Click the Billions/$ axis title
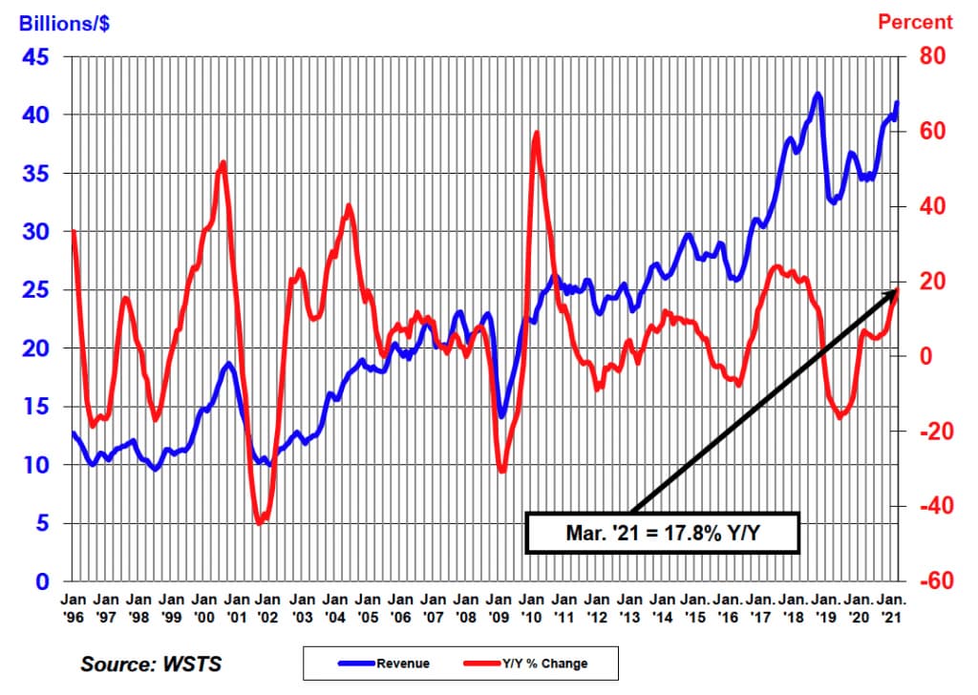(64, 23)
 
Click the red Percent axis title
(915, 22)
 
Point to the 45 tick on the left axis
(35, 57)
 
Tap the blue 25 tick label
(35, 290)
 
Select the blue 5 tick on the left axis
(42, 523)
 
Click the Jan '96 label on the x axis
(73, 608)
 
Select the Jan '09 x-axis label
(499, 608)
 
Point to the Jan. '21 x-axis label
(891, 608)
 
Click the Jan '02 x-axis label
(268, 608)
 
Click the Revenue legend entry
(384, 663)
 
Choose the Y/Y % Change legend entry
(526, 663)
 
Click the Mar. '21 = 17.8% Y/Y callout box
(663, 533)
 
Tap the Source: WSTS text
(151, 663)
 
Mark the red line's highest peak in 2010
(537, 133)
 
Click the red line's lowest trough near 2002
(260, 522)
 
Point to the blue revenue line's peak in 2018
(818, 95)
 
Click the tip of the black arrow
(898, 288)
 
